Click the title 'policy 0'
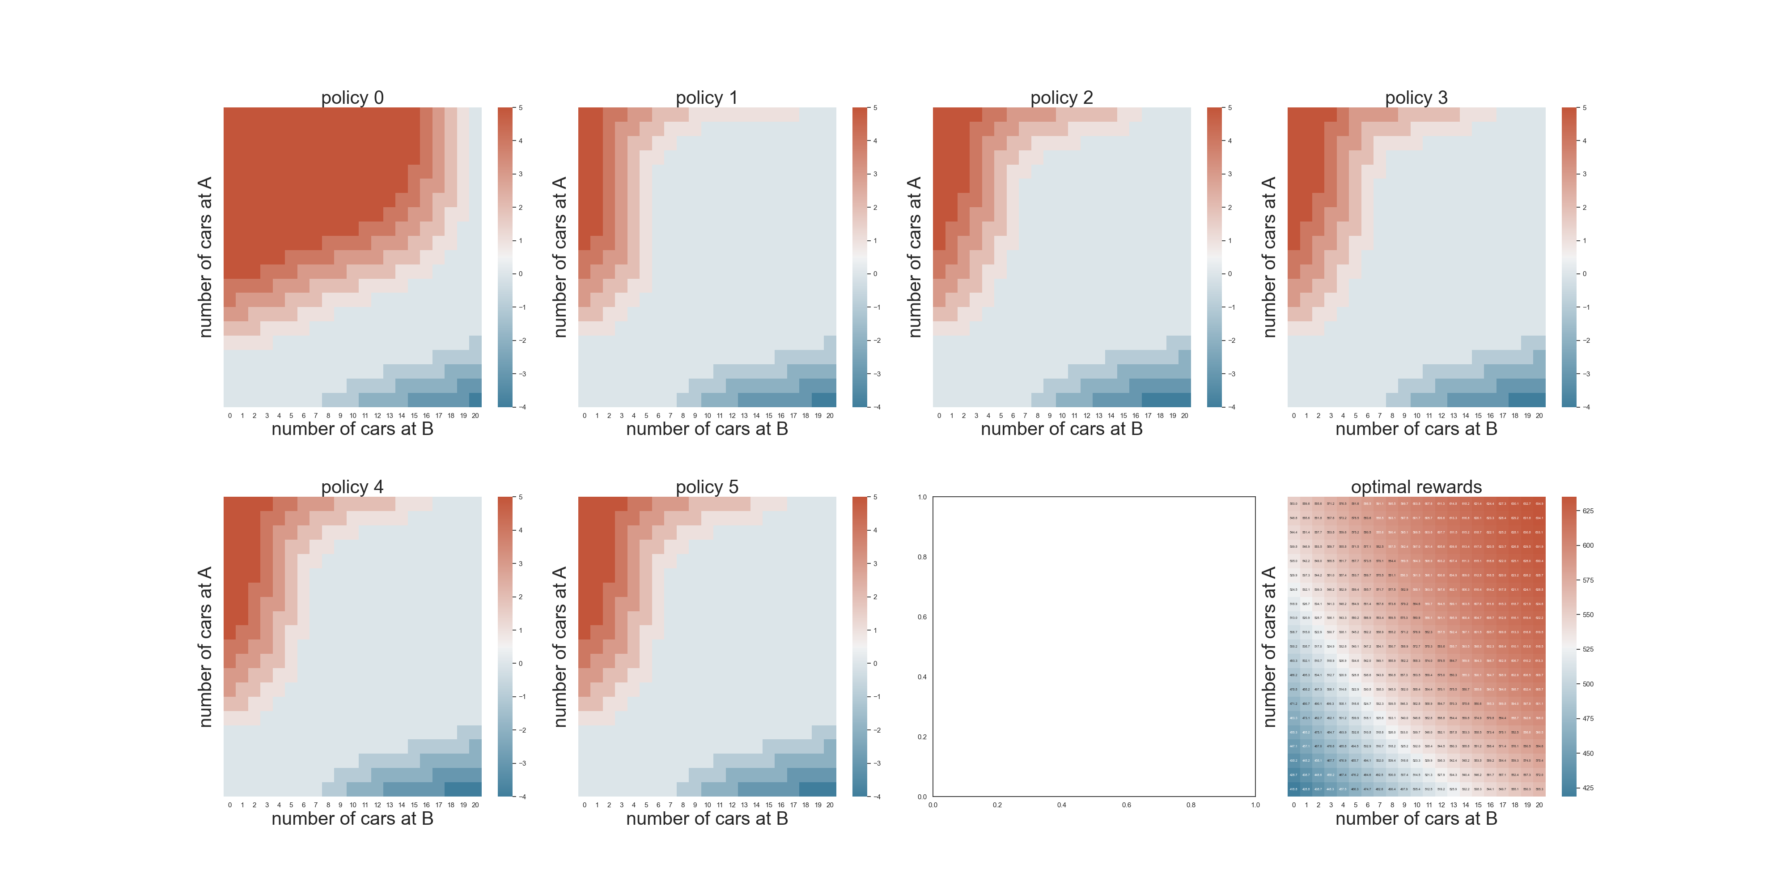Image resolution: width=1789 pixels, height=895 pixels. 352,97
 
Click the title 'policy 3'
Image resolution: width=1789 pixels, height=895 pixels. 1416,97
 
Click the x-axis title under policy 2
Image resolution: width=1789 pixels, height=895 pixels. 1061,429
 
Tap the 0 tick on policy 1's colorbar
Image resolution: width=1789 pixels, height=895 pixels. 875,274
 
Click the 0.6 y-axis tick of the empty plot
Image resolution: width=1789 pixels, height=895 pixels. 922,617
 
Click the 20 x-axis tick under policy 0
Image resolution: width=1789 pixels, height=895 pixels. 476,416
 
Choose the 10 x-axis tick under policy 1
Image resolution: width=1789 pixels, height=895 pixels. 708,416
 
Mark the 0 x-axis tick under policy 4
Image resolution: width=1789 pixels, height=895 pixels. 230,805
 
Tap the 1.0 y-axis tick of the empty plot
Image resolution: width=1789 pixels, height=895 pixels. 922,497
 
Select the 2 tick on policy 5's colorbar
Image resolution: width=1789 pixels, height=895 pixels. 875,597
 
